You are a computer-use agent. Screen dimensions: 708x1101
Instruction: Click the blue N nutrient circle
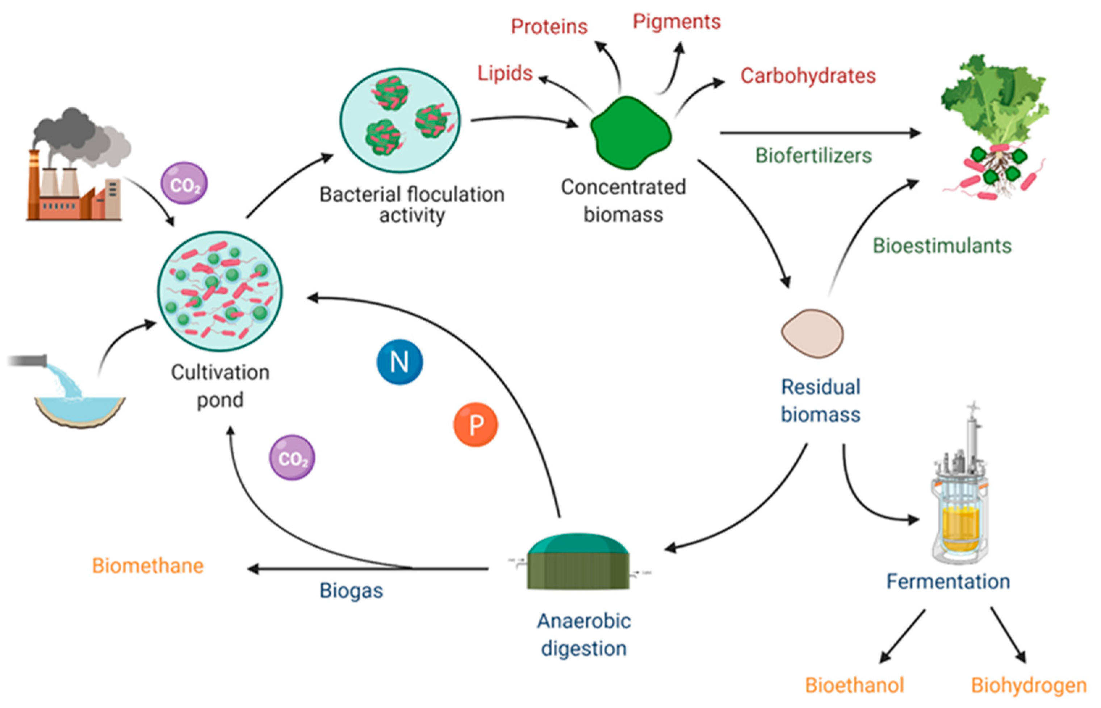pos(399,362)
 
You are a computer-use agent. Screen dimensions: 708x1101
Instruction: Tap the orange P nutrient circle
pos(476,425)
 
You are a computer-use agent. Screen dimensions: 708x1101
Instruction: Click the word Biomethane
pos(147,566)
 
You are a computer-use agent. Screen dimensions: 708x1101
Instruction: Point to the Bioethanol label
pos(854,685)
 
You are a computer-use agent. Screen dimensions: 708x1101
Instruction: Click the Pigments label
pos(677,22)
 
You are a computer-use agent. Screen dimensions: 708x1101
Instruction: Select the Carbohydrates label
pos(808,76)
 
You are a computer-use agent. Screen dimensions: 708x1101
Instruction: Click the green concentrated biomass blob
pos(630,132)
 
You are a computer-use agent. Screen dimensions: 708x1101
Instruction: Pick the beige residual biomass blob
pos(812,333)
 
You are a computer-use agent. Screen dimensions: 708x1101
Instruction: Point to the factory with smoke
pos(76,170)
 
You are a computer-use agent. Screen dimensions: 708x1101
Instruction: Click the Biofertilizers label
pos(813,156)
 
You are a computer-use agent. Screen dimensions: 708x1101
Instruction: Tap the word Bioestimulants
pos(942,245)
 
